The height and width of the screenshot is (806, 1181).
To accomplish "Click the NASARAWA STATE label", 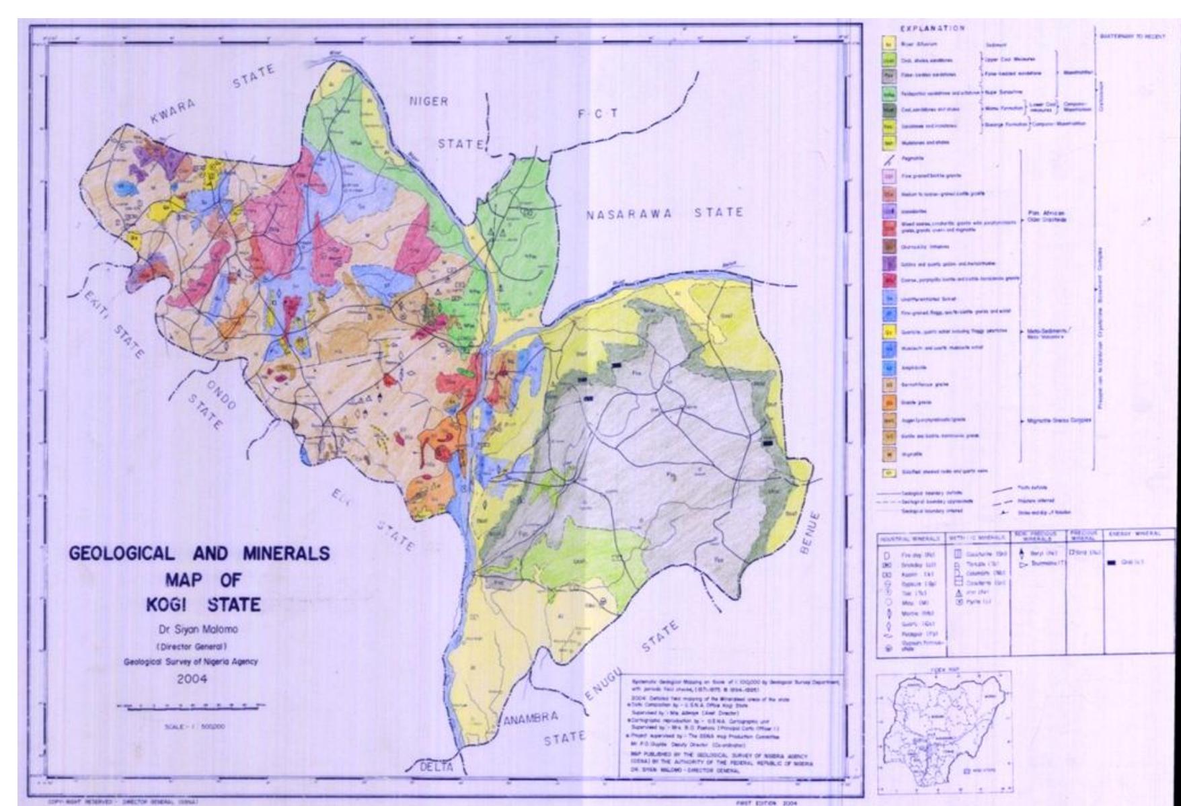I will click(x=664, y=214).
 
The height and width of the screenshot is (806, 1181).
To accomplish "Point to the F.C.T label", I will click(x=598, y=115).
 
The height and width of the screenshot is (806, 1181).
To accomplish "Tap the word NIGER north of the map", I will click(x=428, y=102).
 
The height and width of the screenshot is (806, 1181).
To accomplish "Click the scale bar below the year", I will click(x=190, y=707).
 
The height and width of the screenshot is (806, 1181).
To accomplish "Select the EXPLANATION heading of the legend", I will click(x=932, y=28).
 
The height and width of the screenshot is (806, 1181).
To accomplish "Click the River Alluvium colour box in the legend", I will click(x=888, y=44).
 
